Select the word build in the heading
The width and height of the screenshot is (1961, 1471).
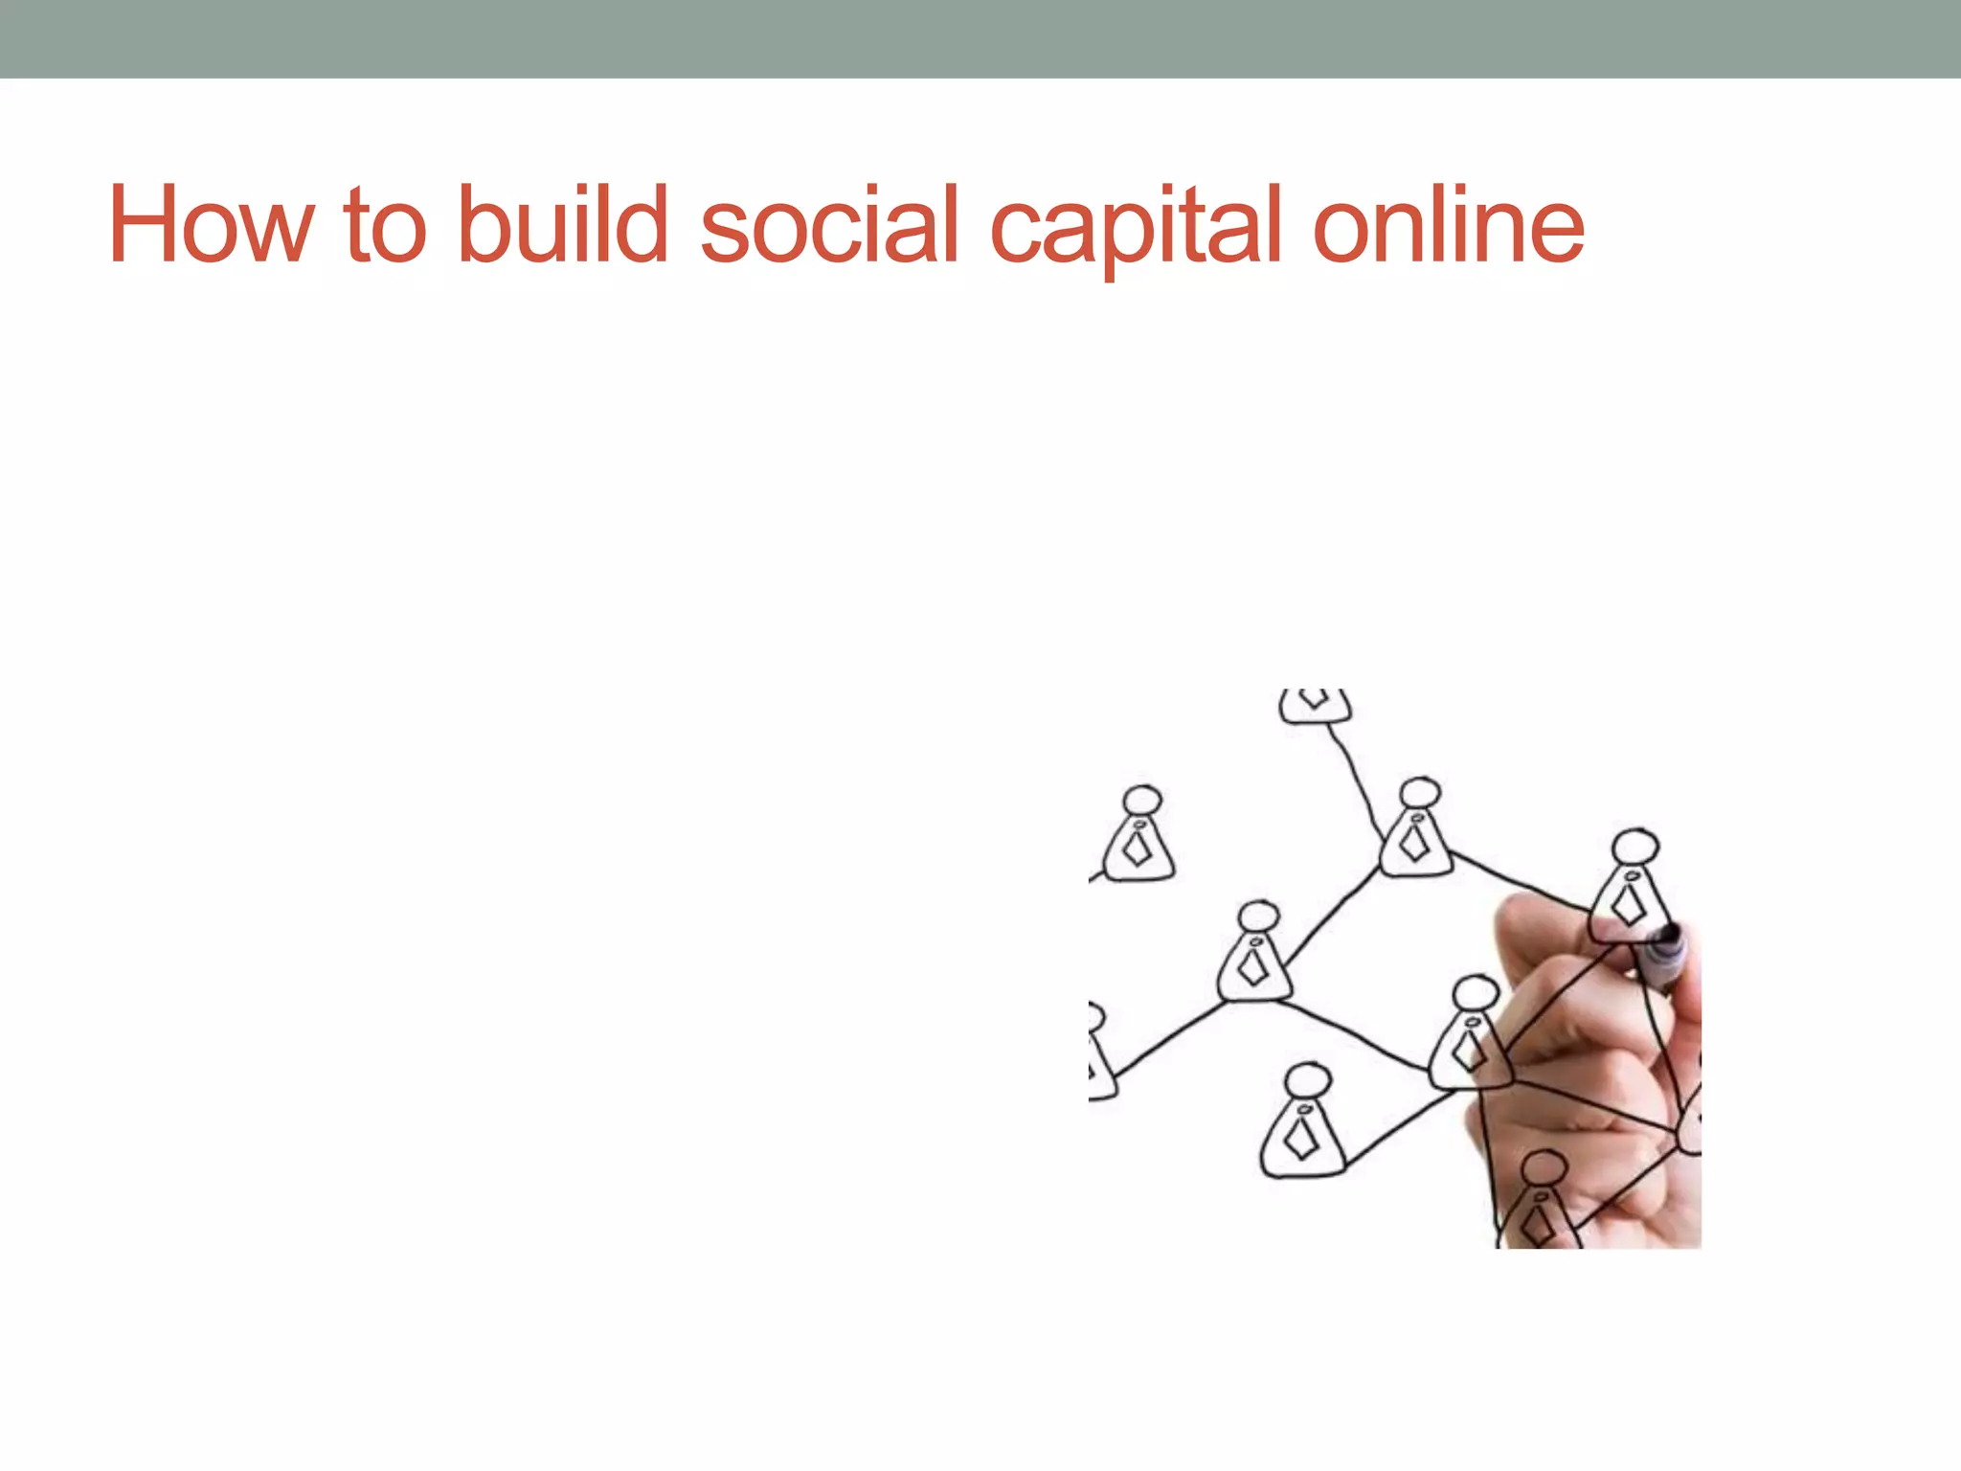pyautogui.click(x=563, y=225)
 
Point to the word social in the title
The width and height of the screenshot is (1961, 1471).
pyautogui.click(x=829, y=225)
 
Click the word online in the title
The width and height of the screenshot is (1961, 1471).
pyautogui.click(x=1448, y=225)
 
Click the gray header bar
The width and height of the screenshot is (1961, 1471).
pyautogui.click(x=980, y=38)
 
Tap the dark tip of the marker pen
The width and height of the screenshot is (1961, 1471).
pyautogui.click(x=1669, y=934)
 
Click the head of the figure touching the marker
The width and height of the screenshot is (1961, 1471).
pyautogui.click(x=1634, y=848)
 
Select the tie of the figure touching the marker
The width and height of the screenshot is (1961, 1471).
pyautogui.click(x=1628, y=905)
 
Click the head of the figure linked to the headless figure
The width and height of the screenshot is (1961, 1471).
pyautogui.click(x=1420, y=793)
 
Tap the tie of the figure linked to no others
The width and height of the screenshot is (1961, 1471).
pyautogui.click(x=1138, y=849)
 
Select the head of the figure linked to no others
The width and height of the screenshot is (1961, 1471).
pyautogui.click(x=1142, y=800)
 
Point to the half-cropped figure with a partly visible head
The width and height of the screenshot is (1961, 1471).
pyautogui.click(x=1099, y=1053)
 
